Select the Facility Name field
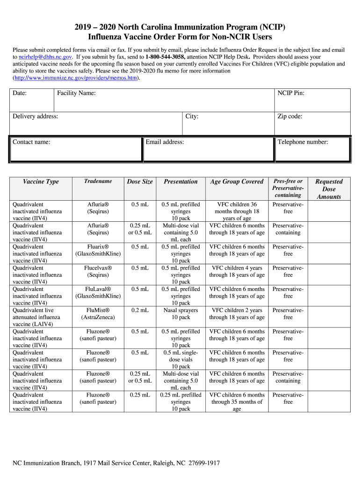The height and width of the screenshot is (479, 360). tap(164, 100)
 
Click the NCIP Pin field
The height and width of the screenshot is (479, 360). tap(312, 100)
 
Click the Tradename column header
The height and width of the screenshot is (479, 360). tap(98, 181)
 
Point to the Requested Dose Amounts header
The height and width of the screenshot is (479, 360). tap(329, 189)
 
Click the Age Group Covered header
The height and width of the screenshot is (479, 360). tap(237, 181)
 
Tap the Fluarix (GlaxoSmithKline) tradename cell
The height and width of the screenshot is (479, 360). tap(98, 250)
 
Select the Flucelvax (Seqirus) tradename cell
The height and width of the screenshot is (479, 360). tap(98, 271)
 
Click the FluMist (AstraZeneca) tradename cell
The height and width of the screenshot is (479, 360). tap(98, 314)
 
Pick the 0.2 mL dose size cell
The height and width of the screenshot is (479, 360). tap(140, 310)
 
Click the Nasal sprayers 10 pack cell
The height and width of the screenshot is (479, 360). tap(180, 314)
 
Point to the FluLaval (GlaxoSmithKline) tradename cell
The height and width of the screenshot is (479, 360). tap(98, 292)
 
